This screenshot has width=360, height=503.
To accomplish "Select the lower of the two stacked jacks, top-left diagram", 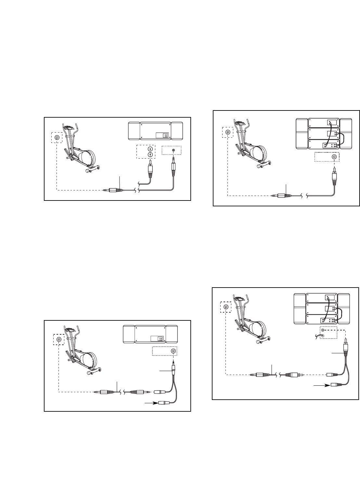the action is point(150,154).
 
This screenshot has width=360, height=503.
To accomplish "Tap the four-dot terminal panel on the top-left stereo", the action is point(165,136).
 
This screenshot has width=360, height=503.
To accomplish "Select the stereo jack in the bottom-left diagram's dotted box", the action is point(174,351).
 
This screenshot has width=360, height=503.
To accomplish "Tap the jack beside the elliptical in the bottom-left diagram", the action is point(59,340).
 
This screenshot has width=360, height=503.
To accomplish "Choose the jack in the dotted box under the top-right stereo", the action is point(334,157).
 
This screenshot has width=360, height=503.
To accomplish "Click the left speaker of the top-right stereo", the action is point(302,133).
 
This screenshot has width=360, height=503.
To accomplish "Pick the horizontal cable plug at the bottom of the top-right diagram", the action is point(281,196).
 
